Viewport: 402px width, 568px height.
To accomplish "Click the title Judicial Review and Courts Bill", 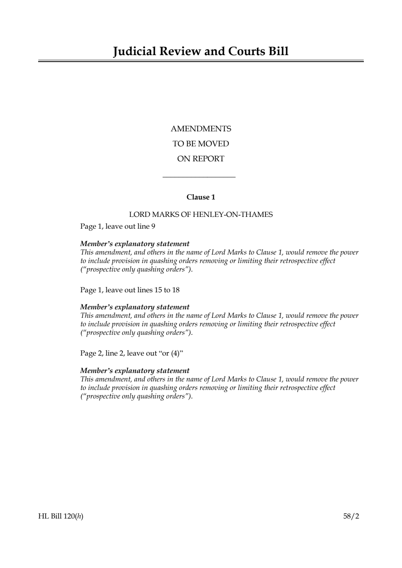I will [201, 51].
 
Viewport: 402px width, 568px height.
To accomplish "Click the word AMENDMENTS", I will [201, 129].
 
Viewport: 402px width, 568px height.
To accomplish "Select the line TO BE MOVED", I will [201, 144].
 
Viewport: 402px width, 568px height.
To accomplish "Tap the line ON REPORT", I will [201, 159].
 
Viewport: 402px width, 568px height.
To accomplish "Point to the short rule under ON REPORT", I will [199, 177].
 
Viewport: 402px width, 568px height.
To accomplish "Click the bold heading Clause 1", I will [201, 197].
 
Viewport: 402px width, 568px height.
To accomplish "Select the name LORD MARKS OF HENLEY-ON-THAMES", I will [201, 215].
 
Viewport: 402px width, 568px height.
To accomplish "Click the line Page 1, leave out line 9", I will [118, 226].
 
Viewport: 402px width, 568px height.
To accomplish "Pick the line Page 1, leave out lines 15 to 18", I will [130, 290].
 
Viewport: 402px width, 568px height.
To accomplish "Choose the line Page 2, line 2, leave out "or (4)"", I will [132, 354].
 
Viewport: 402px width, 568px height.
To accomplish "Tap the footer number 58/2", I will [351, 517].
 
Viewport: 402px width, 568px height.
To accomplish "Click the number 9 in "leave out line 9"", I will [153, 226].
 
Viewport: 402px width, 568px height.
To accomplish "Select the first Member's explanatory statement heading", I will [135, 244].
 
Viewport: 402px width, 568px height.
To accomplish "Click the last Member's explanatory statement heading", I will [135, 371].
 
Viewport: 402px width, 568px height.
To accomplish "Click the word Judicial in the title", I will [134, 51].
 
